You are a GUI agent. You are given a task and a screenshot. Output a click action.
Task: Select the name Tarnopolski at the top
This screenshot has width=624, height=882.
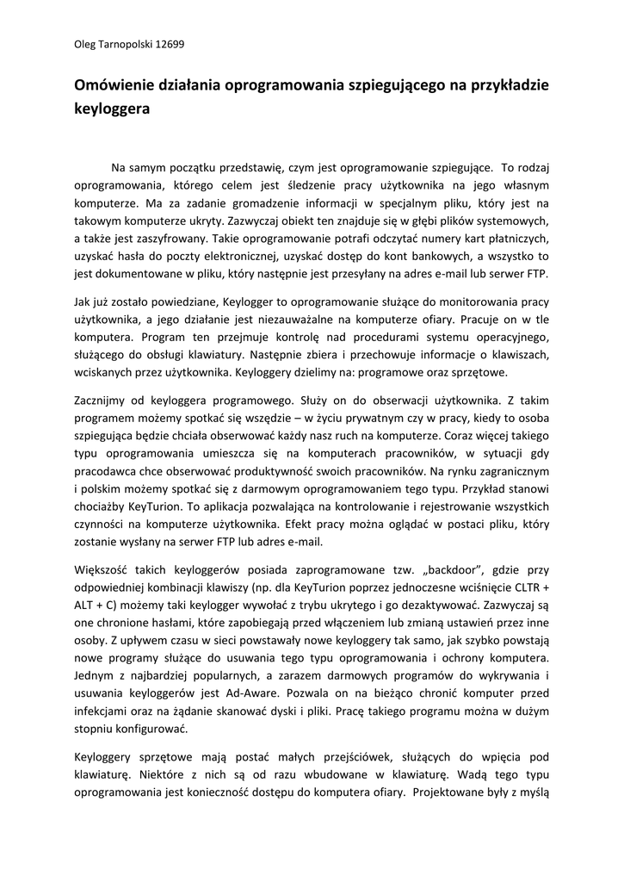coord(120,44)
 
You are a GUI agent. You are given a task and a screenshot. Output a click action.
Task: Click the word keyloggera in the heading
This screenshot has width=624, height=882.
coord(112,109)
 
